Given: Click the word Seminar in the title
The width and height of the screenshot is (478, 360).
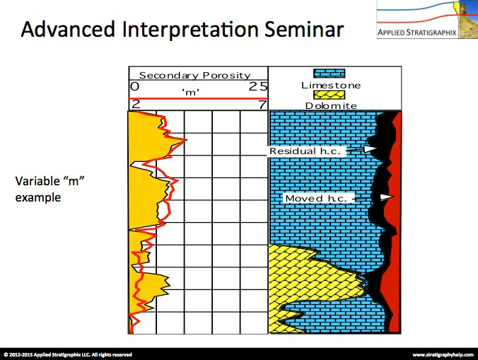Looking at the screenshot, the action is click(304, 29).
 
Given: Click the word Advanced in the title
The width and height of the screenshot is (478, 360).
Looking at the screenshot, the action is click(68, 29).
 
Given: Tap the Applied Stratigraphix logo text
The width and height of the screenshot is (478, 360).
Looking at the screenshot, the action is click(416, 33).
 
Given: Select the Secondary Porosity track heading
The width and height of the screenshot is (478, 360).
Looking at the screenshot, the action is click(194, 75).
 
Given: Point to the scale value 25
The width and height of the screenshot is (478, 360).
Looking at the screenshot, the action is click(258, 86).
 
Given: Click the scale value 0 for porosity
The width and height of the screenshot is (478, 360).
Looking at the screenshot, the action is click(135, 86).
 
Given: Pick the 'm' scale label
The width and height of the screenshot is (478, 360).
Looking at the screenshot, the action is click(191, 92).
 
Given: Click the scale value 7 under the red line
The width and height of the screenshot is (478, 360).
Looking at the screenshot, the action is click(262, 105).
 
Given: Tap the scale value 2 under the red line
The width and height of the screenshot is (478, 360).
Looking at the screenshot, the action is click(136, 105).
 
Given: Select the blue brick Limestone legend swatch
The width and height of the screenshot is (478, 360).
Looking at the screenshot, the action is click(330, 74).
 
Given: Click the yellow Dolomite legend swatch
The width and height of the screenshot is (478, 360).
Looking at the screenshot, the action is click(330, 95).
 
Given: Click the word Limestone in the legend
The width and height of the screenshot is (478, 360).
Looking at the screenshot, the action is click(331, 86).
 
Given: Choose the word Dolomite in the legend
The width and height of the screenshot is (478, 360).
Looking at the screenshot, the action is click(331, 106).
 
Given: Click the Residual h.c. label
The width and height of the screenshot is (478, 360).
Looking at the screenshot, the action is click(305, 151).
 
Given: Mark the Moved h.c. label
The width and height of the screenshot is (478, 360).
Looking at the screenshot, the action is click(316, 199).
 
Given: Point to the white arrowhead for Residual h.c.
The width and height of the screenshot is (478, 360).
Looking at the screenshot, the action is click(370, 149).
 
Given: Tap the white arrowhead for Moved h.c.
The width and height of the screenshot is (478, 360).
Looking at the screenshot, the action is click(387, 197).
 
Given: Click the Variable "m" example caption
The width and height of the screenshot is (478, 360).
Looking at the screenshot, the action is click(49, 190).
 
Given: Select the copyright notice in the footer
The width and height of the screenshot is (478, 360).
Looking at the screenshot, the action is click(68, 354).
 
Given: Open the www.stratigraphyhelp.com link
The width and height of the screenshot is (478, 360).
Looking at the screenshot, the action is click(443, 354).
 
